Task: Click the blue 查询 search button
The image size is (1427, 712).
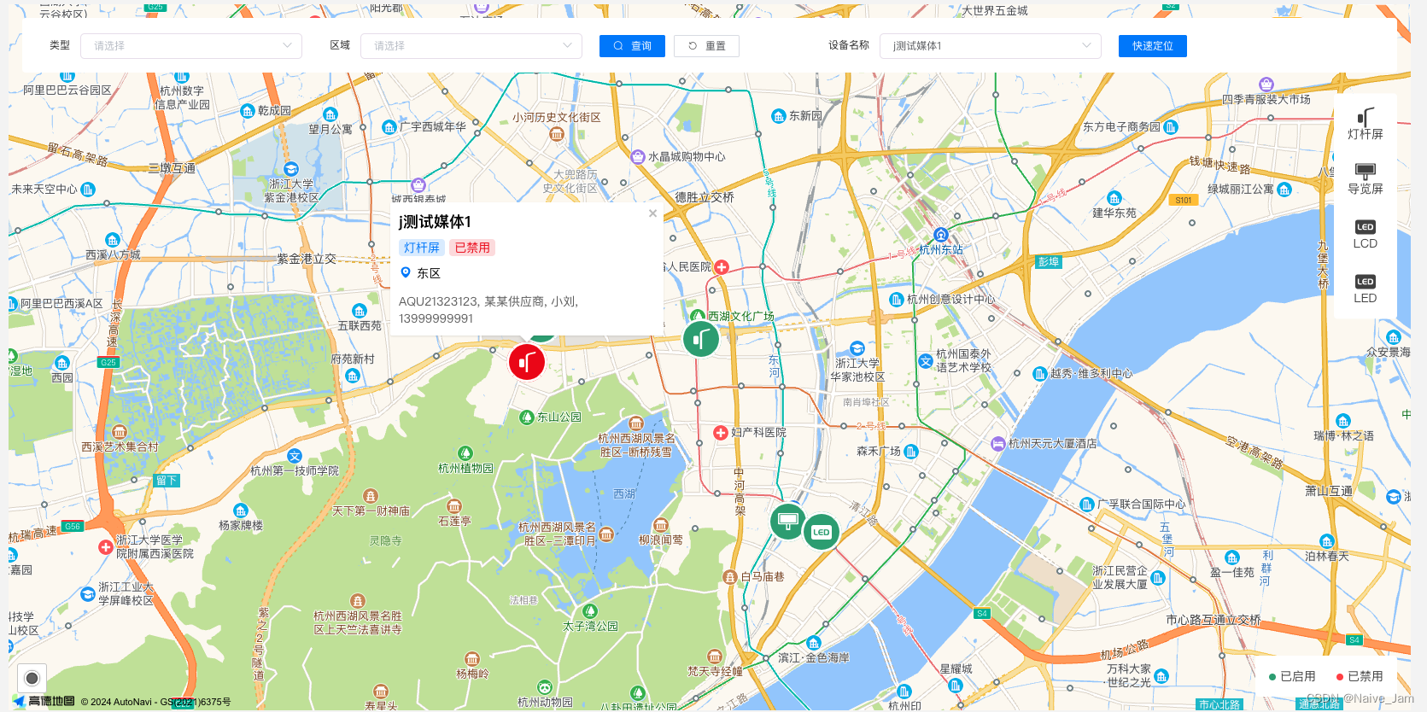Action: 632,46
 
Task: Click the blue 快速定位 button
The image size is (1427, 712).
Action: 1152,46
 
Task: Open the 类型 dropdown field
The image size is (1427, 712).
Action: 190,46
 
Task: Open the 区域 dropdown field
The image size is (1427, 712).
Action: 471,46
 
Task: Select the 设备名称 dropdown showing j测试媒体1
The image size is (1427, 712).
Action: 990,46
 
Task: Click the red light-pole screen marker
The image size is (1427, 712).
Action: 527,362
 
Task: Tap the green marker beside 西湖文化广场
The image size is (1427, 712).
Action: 700,339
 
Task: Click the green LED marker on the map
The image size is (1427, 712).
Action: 822,532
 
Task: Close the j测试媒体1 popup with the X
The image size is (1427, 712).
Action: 652,213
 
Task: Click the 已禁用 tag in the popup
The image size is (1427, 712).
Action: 472,248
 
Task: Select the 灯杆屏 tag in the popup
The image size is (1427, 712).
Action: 422,248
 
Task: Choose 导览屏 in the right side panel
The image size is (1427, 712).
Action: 1365,178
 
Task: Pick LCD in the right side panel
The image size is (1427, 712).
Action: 1365,234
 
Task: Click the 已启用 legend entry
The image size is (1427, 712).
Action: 1292,676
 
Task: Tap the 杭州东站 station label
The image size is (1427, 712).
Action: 941,249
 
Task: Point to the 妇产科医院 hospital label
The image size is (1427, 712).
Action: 758,433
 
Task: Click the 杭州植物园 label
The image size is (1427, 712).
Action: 465,468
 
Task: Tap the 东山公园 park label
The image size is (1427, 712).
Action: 559,417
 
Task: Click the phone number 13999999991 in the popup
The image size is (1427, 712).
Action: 436,318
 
